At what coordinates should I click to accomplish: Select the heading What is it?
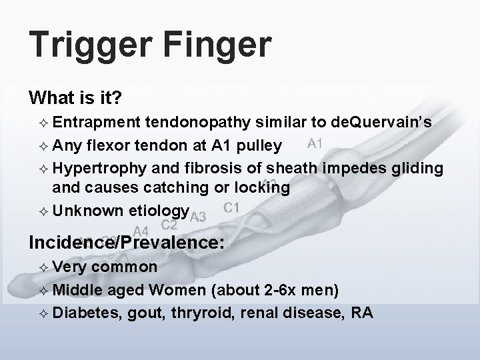[75, 98]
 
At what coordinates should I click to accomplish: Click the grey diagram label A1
[317, 143]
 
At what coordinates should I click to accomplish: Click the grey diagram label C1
[231, 207]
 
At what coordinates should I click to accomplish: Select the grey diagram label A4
[141, 231]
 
